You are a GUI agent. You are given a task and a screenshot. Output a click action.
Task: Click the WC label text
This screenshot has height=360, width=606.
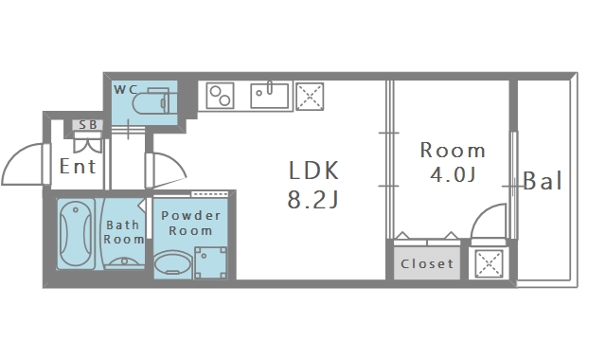pos(126,90)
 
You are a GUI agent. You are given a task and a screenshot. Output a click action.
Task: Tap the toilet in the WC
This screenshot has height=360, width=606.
pos(151,101)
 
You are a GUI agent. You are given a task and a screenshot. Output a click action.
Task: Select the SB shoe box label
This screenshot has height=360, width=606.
pos(88,125)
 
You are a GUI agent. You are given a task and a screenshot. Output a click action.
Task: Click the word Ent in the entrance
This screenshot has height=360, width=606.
pos(78,167)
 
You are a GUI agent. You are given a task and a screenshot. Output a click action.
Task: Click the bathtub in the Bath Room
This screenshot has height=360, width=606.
pos(76,234)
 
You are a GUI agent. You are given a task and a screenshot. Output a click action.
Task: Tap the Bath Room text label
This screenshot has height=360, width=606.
pos(123,232)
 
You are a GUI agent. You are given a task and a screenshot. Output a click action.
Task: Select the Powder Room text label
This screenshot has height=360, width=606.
pos(190,224)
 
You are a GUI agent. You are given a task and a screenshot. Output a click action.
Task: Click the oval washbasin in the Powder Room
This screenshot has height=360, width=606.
pos(172,264)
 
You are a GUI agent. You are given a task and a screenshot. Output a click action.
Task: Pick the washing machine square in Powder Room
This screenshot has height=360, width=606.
pos(210,262)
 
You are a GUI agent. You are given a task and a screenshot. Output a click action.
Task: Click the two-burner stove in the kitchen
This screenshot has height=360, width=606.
pos(220,96)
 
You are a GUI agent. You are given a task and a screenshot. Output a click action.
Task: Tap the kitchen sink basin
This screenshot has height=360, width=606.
pos(269,96)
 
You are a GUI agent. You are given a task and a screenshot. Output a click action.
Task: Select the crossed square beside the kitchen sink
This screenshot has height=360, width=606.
pos(310,97)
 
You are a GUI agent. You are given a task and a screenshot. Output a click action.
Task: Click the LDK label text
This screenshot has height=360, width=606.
pos(313,171)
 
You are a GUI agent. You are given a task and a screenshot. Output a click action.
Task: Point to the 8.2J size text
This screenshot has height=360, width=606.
pos(313,200)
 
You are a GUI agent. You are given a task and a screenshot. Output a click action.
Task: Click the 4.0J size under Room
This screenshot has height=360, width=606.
pos(453,174)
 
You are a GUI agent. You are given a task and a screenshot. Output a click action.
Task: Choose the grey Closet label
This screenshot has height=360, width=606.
pos(427,263)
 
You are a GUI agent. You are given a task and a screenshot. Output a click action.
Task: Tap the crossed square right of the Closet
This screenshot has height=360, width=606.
pos(489,263)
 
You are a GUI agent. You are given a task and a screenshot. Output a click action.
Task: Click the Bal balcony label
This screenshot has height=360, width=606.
pos(543,181)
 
